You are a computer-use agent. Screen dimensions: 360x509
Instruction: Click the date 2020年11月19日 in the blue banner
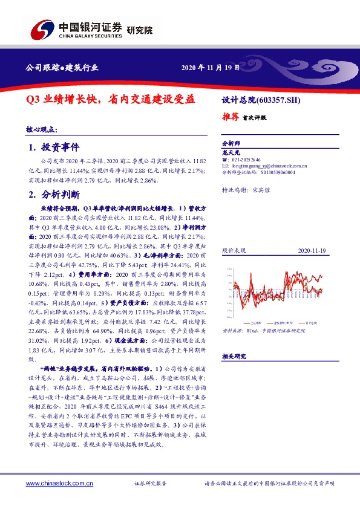[206, 68]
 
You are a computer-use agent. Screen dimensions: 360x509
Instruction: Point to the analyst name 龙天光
[229, 153]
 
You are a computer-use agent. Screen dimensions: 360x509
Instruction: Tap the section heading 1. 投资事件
[54, 148]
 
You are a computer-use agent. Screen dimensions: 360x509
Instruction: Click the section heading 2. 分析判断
[54, 194]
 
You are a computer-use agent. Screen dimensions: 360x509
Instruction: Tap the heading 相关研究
[232, 357]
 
